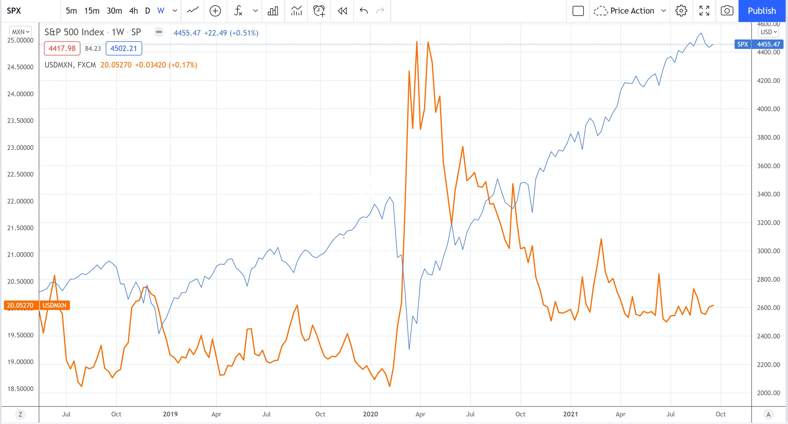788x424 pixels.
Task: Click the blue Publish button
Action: [762, 11]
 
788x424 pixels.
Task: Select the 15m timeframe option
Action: [92, 11]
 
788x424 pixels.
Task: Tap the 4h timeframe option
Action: [133, 11]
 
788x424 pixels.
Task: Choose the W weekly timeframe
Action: [160, 11]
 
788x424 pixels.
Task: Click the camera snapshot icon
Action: [727, 11]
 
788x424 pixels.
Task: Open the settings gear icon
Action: [681, 11]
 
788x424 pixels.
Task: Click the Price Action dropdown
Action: [630, 11]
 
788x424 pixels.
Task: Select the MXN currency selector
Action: [20, 32]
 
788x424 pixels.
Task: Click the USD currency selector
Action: [768, 32]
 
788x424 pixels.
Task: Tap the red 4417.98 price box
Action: [62, 48]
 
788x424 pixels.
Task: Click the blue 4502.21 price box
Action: [124, 48]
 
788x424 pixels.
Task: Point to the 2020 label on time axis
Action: [370, 414]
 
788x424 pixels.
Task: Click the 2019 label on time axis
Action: [170, 414]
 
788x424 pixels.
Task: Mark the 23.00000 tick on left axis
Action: [20, 148]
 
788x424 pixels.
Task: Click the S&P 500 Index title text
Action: [74, 32]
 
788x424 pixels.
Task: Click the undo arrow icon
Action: [363, 11]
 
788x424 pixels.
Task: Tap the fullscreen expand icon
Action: [704, 11]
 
